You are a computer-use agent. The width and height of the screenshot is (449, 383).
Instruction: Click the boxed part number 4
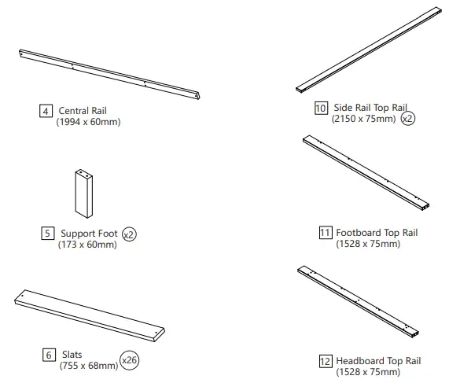[46, 111]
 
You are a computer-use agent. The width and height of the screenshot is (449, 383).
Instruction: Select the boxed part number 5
[48, 234]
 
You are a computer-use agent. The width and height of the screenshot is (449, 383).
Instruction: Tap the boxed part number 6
[48, 355]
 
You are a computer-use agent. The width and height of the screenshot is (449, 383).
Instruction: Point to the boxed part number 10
[321, 109]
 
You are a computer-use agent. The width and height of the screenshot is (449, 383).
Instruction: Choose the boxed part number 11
[326, 232]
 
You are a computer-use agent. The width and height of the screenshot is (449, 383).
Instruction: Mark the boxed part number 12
[326, 361]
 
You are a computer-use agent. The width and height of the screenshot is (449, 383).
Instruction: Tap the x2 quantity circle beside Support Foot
[129, 234]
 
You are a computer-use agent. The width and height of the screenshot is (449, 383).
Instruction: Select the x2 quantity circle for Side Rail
[407, 120]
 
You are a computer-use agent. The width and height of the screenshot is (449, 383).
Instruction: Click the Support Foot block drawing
[83, 192]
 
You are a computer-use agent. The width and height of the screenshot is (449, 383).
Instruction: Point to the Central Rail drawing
[110, 75]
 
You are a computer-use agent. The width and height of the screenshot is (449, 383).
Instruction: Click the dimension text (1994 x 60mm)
[89, 122]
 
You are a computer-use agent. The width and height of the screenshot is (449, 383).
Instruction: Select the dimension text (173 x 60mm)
[87, 245]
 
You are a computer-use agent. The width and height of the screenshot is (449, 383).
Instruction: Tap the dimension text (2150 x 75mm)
[364, 120]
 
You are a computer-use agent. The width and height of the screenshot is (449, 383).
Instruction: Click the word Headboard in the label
[359, 361]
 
